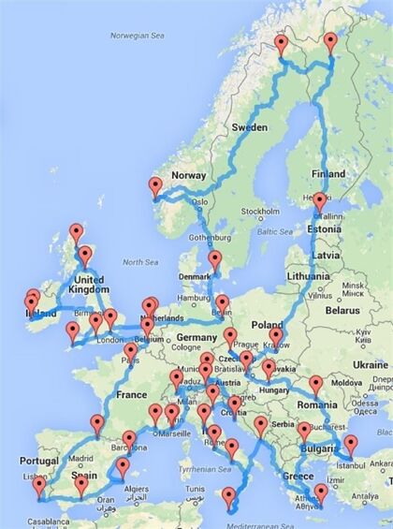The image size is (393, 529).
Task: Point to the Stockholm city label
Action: pyautogui.click(x=258, y=211)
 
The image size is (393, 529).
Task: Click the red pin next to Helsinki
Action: pyautogui.click(x=320, y=200)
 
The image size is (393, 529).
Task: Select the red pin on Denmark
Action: pyautogui.click(x=215, y=258)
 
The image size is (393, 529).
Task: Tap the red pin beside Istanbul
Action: pyautogui.click(x=351, y=444)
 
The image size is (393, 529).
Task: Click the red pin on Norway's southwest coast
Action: pyautogui.click(x=155, y=186)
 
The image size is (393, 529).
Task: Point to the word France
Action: pyautogui.click(x=132, y=395)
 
